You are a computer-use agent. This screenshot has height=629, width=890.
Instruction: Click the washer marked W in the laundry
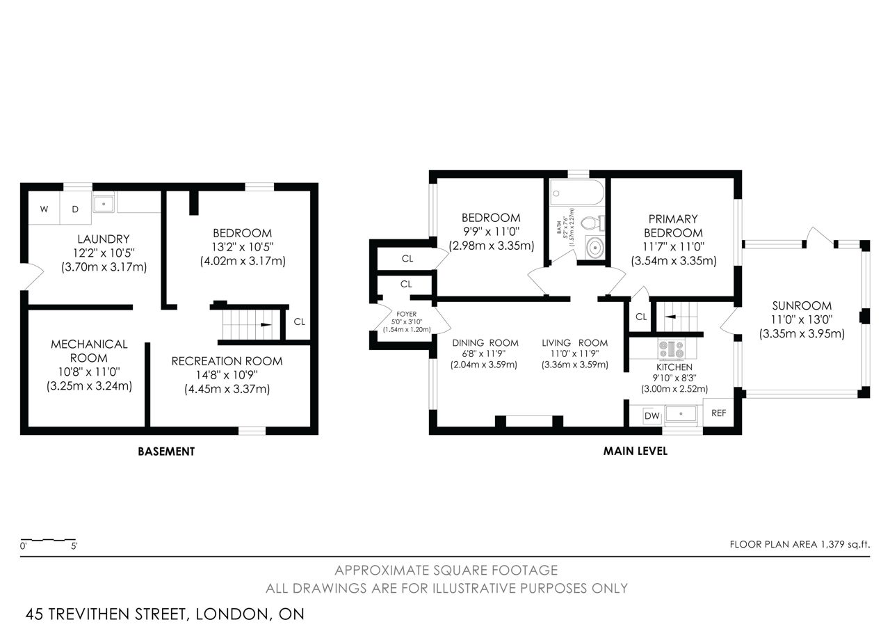point(44,208)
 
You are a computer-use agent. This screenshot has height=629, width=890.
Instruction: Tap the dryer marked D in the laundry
point(76,208)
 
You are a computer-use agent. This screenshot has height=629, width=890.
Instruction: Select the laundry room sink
point(104,204)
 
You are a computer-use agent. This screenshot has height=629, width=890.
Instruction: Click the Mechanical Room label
point(89,351)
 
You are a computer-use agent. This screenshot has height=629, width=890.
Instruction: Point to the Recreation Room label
point(227,361)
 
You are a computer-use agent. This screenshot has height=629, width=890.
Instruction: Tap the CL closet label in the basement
point(299,321)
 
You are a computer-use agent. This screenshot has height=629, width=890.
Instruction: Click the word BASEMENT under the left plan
point(166,452)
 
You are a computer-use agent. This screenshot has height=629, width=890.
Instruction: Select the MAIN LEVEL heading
point(636,451)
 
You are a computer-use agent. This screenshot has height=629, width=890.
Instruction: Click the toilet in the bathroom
point(593,223)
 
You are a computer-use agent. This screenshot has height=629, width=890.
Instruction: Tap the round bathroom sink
point(594,248)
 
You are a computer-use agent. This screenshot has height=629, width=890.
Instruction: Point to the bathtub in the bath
point(577,193)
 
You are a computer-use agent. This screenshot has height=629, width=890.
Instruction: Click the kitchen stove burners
point(672,349)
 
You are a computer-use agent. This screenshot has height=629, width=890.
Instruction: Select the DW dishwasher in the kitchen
point(652,416)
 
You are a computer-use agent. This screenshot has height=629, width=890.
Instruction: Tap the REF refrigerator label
point(719,413)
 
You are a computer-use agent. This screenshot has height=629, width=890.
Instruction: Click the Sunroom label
point(802,305)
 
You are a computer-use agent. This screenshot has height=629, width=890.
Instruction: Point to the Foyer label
point(407,314)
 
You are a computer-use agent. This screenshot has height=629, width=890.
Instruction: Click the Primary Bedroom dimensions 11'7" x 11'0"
point(674,246)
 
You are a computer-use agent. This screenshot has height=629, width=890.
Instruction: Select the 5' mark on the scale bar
point(74,546)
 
